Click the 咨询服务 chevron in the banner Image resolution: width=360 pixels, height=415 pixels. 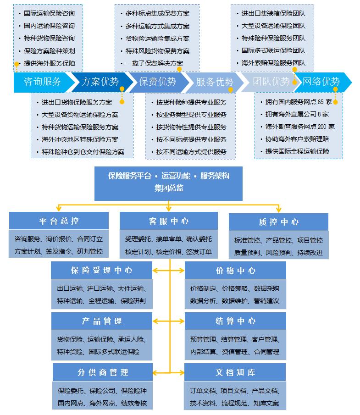[42, 82]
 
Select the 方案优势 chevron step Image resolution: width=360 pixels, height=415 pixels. [100, 82]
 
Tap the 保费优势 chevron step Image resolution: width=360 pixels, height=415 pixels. [157, 82]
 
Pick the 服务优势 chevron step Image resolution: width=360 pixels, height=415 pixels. [215, 82]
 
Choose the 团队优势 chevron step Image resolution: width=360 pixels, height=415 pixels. [271, 82]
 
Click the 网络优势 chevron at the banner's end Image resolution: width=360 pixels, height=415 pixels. [321, 82]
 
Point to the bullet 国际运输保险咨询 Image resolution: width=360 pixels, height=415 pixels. [49, 13]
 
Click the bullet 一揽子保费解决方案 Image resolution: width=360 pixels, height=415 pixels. [154, 63]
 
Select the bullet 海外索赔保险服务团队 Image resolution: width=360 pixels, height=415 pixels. [273, 63]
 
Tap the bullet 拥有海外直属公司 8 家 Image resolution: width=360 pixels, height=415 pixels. [297, 114]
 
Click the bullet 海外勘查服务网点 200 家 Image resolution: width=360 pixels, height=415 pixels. [300, 126]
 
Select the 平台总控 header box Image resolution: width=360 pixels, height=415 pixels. [59, 221]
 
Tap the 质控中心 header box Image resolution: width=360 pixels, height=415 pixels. [278, 222]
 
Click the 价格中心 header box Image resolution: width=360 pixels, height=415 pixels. [235, 271]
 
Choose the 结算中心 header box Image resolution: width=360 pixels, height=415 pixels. [235, 321]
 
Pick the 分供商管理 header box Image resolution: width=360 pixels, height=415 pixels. [102, 372]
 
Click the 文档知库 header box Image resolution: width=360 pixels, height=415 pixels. [235, 372]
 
